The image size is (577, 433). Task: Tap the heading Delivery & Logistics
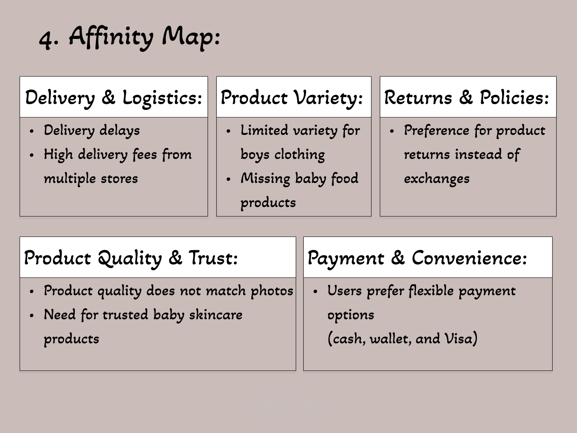click(x=114, y=97)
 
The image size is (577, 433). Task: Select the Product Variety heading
click(x=292, y=97)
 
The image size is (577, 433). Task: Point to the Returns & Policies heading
click(x=466, y=97)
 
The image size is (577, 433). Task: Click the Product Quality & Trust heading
click(x=131, y=258)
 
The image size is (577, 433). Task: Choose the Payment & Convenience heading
click(x=417, y=258)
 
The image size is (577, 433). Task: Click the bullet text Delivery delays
click(x=92, y=130)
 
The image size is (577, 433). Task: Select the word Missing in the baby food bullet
click(x=265, y=178)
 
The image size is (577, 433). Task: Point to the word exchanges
click(x=436, y=178)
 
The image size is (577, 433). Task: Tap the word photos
click(x=272, y=291)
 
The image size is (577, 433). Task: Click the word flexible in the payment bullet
click(x=431, y=291)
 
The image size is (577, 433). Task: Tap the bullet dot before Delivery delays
click(x=32, y=131)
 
